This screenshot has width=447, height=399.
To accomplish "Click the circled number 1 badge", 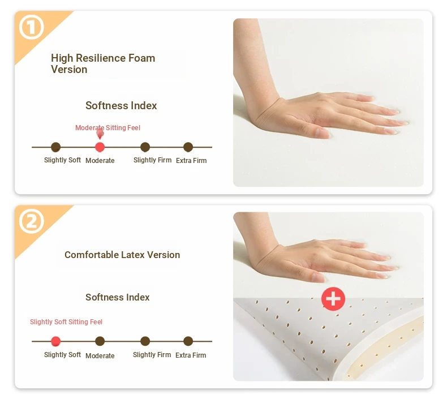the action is (32, 27).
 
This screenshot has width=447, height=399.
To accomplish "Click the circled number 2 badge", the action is (32, 221).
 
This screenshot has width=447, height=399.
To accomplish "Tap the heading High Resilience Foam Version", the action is (103, 63).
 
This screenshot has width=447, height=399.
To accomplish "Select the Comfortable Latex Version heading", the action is (122, 255).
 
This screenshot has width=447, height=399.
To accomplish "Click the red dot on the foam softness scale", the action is (100, 147).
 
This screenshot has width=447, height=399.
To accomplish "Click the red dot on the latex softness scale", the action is (55, 341).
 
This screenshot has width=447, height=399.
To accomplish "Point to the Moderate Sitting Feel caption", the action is (108, 128).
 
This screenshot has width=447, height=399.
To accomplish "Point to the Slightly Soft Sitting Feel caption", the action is (66, 322).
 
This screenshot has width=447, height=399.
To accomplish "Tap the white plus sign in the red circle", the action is (333, 299).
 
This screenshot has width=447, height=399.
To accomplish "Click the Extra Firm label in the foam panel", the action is (191, 161).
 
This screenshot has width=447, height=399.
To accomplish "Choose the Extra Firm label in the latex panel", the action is (191, 355).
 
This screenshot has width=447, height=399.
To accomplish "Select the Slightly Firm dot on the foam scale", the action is (145, 147).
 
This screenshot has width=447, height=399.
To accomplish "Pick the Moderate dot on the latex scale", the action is (100, 341).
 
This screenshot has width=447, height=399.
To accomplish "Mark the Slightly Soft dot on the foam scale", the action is (55, 147).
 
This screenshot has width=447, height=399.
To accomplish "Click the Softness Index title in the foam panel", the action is (121, 105).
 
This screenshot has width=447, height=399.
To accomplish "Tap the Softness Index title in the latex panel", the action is (118, 297).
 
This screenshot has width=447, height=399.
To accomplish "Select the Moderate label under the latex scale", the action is (100, 355).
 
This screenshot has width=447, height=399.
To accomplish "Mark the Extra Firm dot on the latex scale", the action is (188, 341).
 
